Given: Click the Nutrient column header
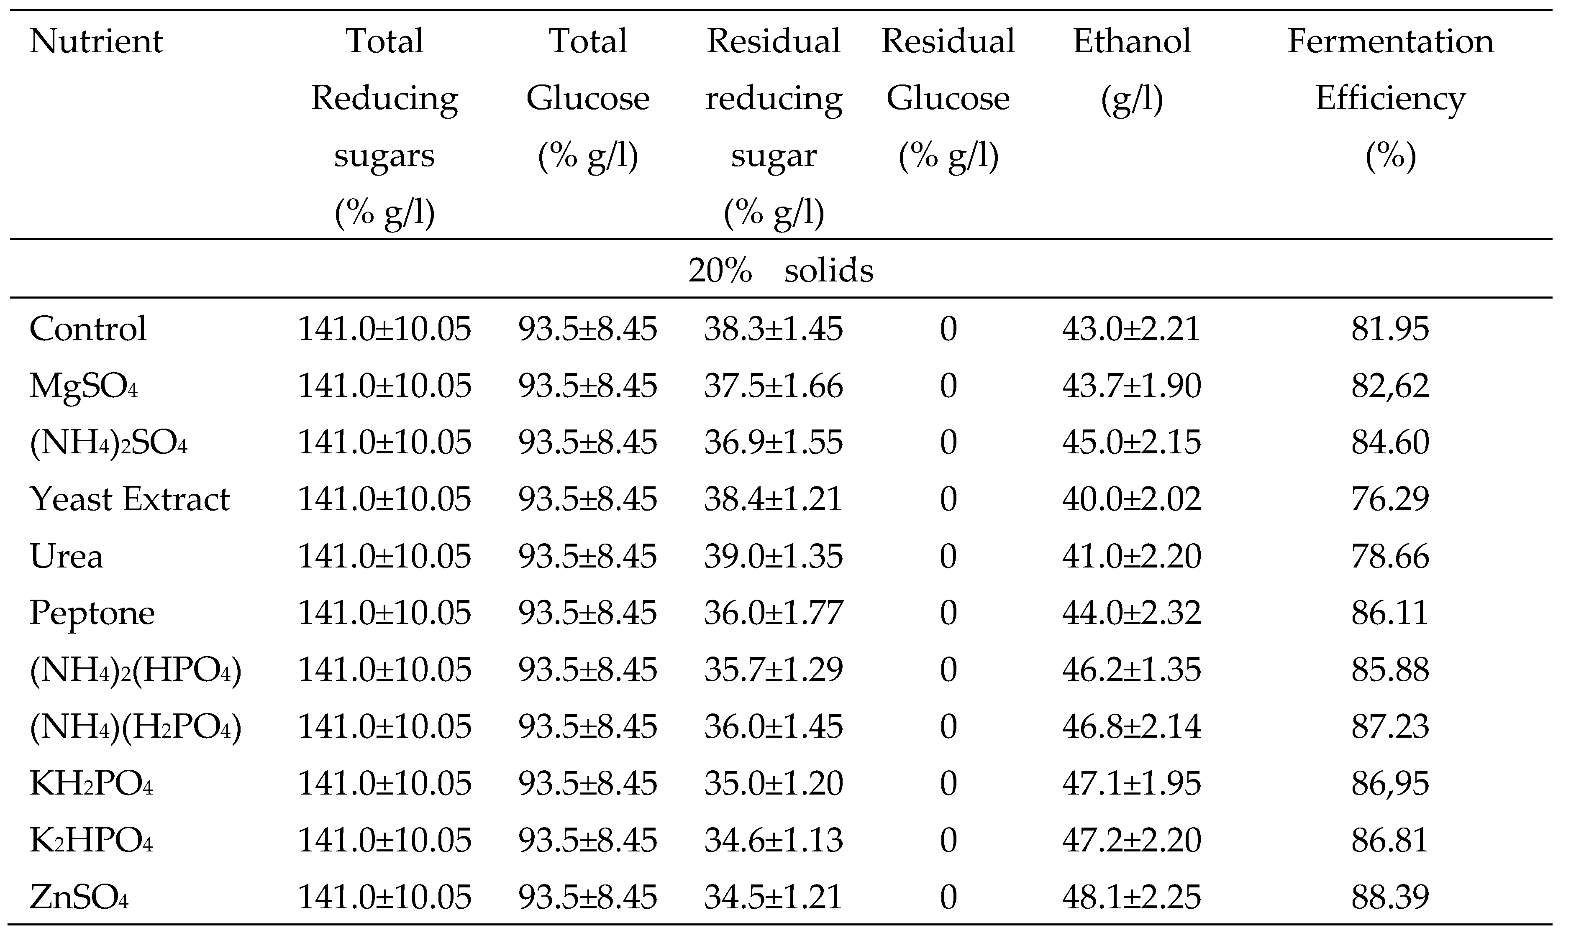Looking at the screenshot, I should (96, 42).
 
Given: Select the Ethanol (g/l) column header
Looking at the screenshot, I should (1132, 69).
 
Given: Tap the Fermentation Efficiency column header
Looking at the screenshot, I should (1390, 98).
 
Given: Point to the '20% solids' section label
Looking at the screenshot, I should (781, 271).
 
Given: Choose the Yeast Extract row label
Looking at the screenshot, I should (130, 499).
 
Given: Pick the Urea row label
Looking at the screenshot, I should (67, 556).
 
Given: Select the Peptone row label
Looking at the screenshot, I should (92, 613).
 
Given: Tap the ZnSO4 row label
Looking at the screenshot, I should (79, 897).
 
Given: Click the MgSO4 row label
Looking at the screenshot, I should (83, 386).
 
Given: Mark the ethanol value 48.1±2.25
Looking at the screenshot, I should (1132, 897).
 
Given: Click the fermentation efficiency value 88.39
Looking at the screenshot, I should (1390, 897).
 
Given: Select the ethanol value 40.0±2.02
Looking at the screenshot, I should (1132, 499).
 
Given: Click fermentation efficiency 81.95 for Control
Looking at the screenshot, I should (1390, 329).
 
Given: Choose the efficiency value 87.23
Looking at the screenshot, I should (1390, 727).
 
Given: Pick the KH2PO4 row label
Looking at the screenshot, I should (91, 784).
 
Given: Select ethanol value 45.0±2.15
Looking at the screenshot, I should (1132, 442).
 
